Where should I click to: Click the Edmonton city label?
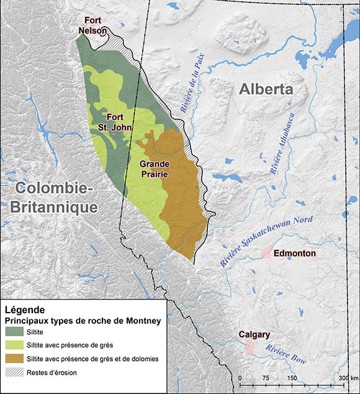pos(295,254)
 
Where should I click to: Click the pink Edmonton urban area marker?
pos(266,252)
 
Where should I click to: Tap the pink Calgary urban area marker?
pos(249,348)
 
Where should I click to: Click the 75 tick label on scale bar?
pos(266,377)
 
